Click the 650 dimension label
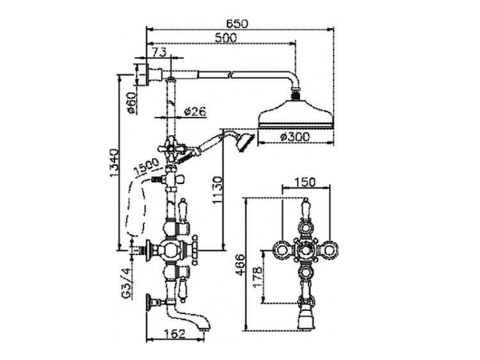pos(237,24)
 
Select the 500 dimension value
pos(226,38)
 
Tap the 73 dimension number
pos(159,52)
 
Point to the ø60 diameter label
pos(132,103)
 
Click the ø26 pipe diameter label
pos(195,112)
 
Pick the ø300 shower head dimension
pos(295,137)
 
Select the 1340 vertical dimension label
pos(114,162)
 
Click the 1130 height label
pos(218,191)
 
